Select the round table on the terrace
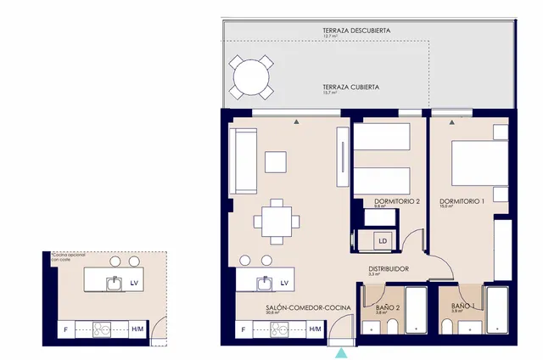click(251, 77)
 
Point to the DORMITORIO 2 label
click(397, 201)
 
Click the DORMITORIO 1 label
click(462, 201)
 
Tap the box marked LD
click(383, 241)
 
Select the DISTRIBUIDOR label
click(389, 269)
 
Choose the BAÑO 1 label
click(463, 306)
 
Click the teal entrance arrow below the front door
click(341, 352)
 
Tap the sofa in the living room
click(243, 160)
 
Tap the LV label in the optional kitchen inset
click(133, 283)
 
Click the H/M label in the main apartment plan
click(315, 329)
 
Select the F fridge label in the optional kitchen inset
click(64, 329)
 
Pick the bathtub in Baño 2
click(416, 310)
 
